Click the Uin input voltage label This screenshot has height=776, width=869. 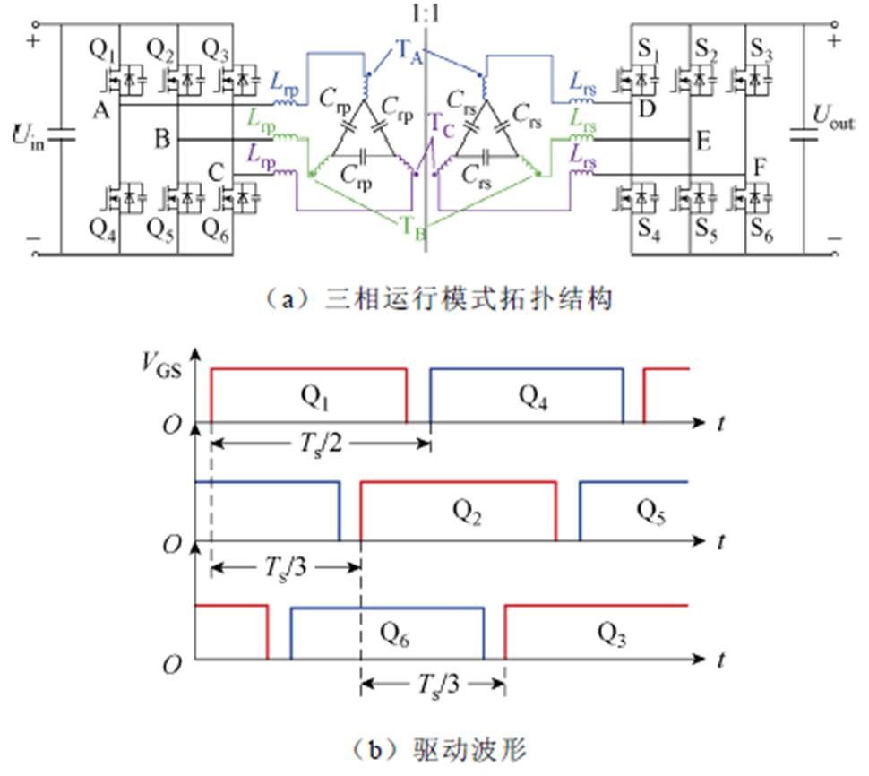[28, 140]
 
